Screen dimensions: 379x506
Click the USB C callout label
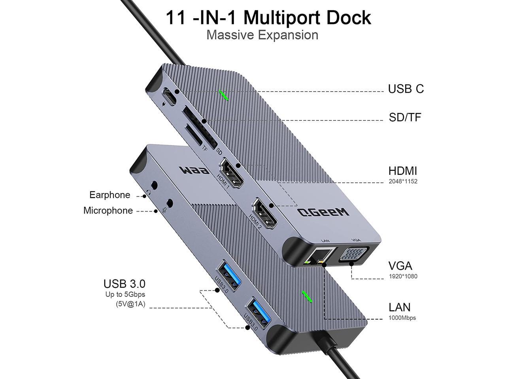(406, 89)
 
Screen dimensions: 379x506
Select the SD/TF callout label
(405, 117)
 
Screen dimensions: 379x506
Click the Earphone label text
(110, 195)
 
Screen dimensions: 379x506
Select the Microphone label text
(108, 210)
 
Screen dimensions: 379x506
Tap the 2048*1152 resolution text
(403, 182)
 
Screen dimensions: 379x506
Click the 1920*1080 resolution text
(403, 276)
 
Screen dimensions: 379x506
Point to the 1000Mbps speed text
(402, 318)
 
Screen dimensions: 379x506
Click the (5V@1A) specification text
(130, 304)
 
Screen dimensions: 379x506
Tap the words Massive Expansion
(262, 35)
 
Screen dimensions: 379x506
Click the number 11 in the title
(176, 17)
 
